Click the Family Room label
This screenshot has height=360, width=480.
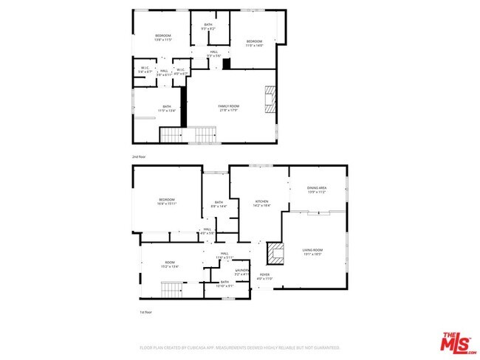pos(228,108)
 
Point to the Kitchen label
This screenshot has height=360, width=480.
pos(262,203)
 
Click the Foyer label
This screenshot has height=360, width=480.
pos(264,278)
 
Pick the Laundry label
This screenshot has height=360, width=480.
pos(241,272)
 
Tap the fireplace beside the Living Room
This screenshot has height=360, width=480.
pos(275,254)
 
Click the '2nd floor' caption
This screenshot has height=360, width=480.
pos(139,157)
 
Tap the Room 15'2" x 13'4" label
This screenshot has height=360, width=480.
pos(171,265)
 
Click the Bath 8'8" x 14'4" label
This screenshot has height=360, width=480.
pos(219,204)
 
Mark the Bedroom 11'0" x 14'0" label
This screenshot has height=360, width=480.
pos(254,42)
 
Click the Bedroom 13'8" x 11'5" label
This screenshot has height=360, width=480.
pos(162,38)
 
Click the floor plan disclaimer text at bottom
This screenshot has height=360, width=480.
pos(239,347)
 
